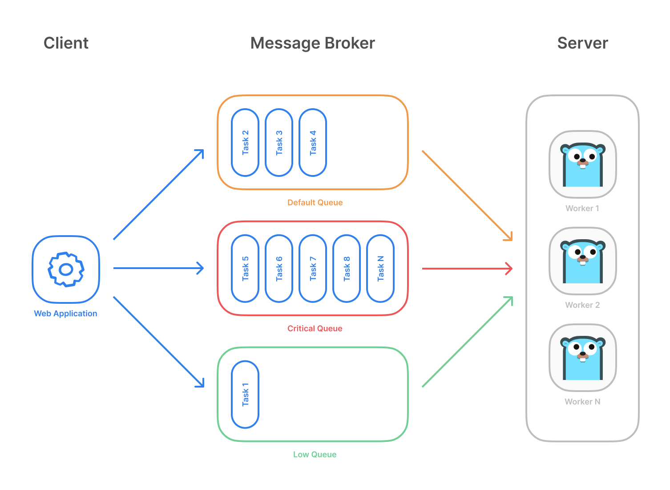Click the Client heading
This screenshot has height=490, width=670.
[x=66, y=43]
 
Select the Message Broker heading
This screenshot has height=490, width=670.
[x=312, y=43]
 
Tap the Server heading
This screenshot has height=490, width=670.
[x=582, y=43]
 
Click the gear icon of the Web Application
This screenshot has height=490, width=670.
[x=66, y=269]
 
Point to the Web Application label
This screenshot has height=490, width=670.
[x=65, y=314]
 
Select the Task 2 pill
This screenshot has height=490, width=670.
[x=245, y=143]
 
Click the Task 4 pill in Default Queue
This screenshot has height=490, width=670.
[x=313, y=143]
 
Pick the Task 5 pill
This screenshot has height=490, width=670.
[x=245, y=269]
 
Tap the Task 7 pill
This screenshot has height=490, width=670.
[x=313, y=269]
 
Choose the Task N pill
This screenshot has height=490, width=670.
[x=380, y=269]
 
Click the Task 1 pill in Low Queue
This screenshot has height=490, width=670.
[x=245, y=395]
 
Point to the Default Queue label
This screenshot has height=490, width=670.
[x=315, y=203]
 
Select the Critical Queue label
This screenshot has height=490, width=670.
[x=315, y=329]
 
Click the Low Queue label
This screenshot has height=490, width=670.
[x=315, y=455]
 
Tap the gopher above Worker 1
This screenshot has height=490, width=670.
[x=582, y=164]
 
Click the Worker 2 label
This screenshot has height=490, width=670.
[x=582, y=305]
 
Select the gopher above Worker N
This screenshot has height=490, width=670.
[x=582, y=358]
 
